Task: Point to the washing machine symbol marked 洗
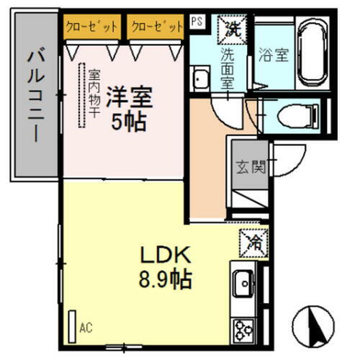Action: coord(233,29)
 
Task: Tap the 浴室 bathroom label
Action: coord(273,55)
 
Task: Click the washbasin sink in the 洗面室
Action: coord(200,76)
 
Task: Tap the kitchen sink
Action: coord(242,282)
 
